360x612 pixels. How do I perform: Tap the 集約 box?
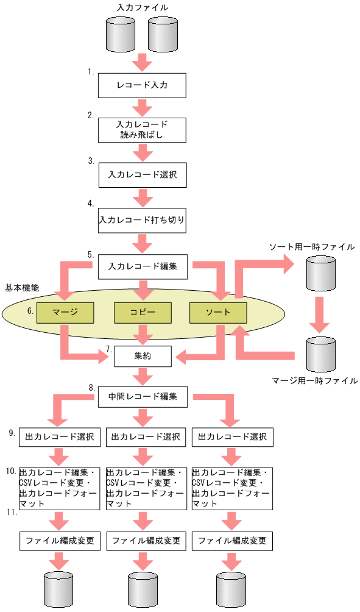pos(143,356)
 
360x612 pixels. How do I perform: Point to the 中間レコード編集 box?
pos(143,397)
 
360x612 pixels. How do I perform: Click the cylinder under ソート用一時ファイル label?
pos(320,273)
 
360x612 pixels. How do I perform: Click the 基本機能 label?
pos(22,286)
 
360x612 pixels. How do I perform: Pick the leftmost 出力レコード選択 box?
pos(59,436)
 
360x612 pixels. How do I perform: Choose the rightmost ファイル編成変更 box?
pos(231,540)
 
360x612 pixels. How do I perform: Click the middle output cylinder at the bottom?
pos(143,590)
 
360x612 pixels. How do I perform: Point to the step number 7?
pos(108,349)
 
